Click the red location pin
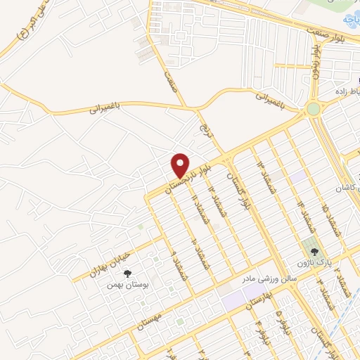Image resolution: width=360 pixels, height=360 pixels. (181, 166)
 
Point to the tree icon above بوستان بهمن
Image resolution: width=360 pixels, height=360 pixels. (127, 274)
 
